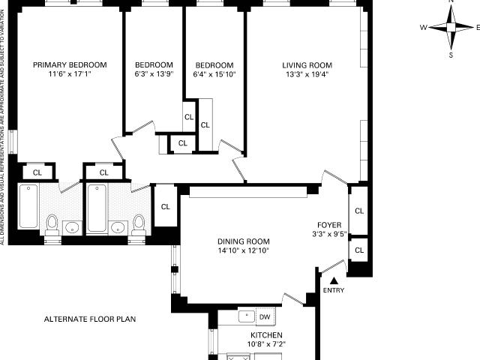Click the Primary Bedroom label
[70, 65]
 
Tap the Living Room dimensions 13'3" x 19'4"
[307, 74]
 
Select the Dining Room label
[244, 241]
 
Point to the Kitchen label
[266, 335]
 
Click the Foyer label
[329, 225]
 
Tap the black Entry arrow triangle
[334, 280]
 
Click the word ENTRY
[334, 290]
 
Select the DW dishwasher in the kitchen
[265, 316]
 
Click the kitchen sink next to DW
[247, 316]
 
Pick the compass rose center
[451, 28]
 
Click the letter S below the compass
[451, 55]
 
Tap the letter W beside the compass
[423, 28]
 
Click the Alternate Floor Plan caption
[90, 319]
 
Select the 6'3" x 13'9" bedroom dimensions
[154, 74]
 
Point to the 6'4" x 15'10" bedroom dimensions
[214, 74]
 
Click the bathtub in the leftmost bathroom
[28, 206]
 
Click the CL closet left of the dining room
[165, 207]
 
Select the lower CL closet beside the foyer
[359, 250]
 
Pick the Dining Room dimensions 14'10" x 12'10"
[244, 250]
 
